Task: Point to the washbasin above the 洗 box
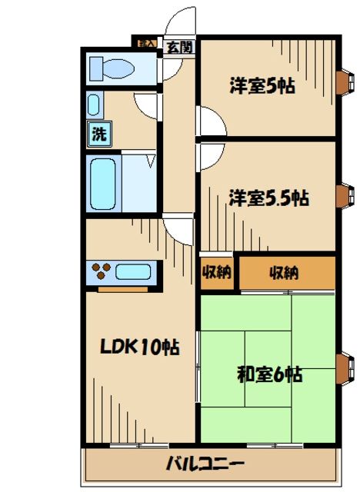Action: point(93,105)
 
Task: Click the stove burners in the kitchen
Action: point(101,271)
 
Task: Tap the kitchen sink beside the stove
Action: point(134,271)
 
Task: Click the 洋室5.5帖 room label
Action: point(268,198)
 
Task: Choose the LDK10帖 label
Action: point(139,347)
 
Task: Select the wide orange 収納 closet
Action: point(285,272)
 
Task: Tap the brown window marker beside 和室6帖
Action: point(342,367)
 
